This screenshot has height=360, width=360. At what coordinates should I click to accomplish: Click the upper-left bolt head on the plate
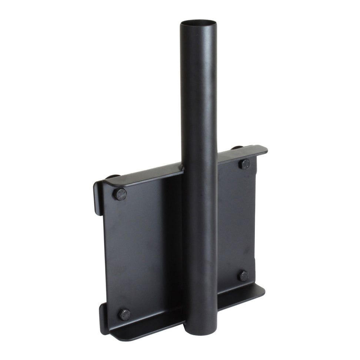pyautogui.click(x=120, y=194)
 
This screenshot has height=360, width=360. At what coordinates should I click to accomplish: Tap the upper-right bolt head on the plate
pyautogui.click(x=244, y=164)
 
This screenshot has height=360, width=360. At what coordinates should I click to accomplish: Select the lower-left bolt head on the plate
pyautogui.click(x=125, y=315)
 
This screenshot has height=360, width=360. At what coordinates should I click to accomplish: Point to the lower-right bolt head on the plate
pyautogui.click(x=243, y=276)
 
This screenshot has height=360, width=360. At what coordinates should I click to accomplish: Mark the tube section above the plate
pyautogui.click(x=199, y=93)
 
